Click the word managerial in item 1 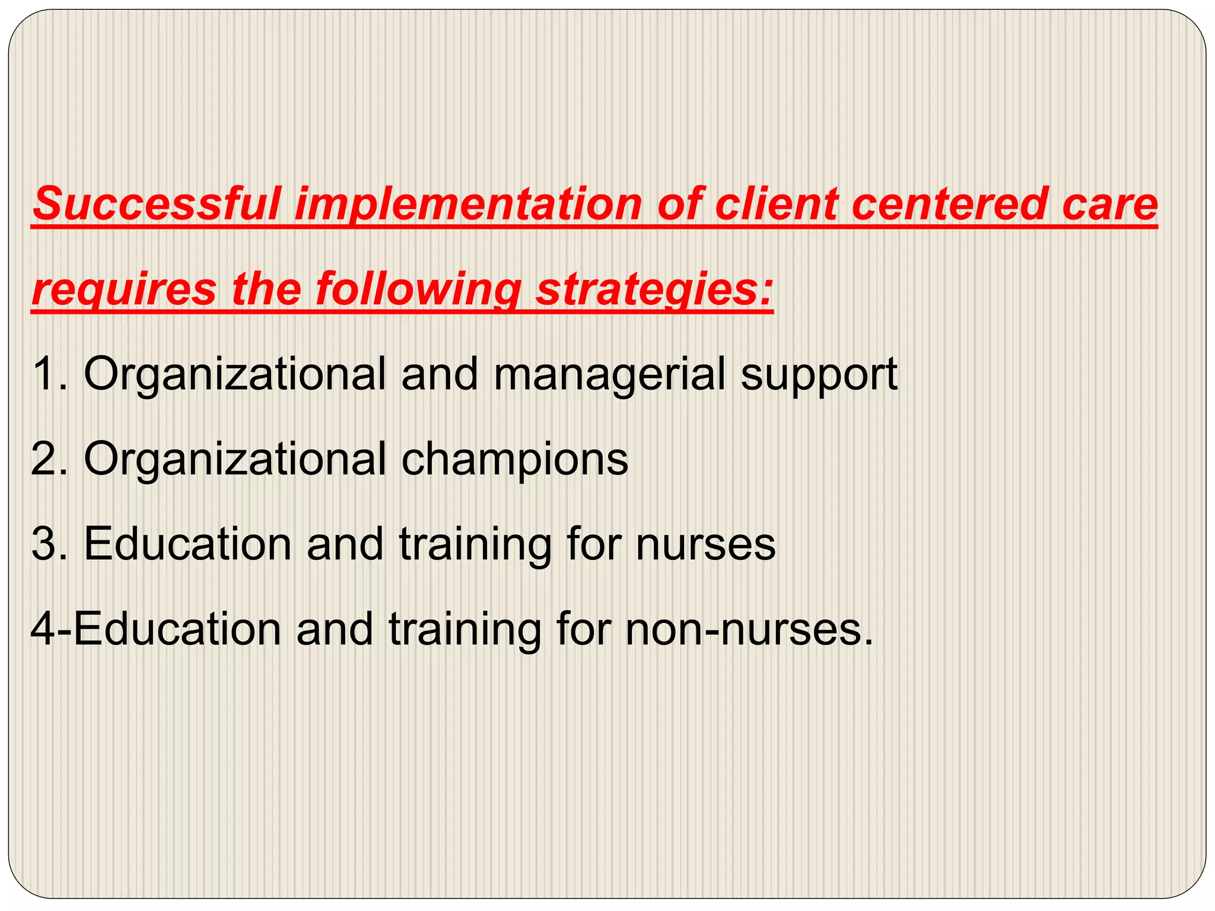coord(609,374)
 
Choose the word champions coord(515,460)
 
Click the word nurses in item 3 coord(706,545)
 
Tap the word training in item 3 coord(475,545)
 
